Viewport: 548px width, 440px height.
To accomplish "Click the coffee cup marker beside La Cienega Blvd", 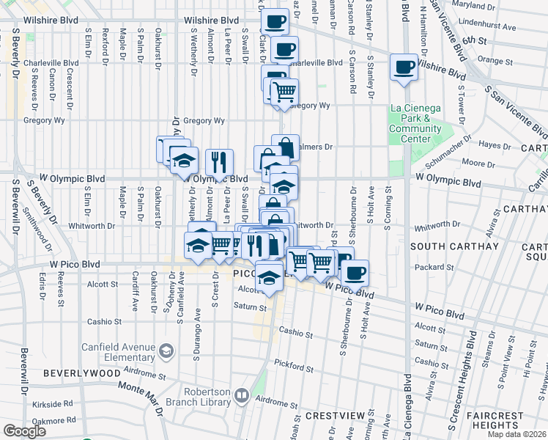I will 404,67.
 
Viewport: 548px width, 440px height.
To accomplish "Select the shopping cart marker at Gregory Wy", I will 284,92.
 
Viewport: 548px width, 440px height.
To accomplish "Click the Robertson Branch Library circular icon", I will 241,396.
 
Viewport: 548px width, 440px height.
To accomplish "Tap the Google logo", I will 24,430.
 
